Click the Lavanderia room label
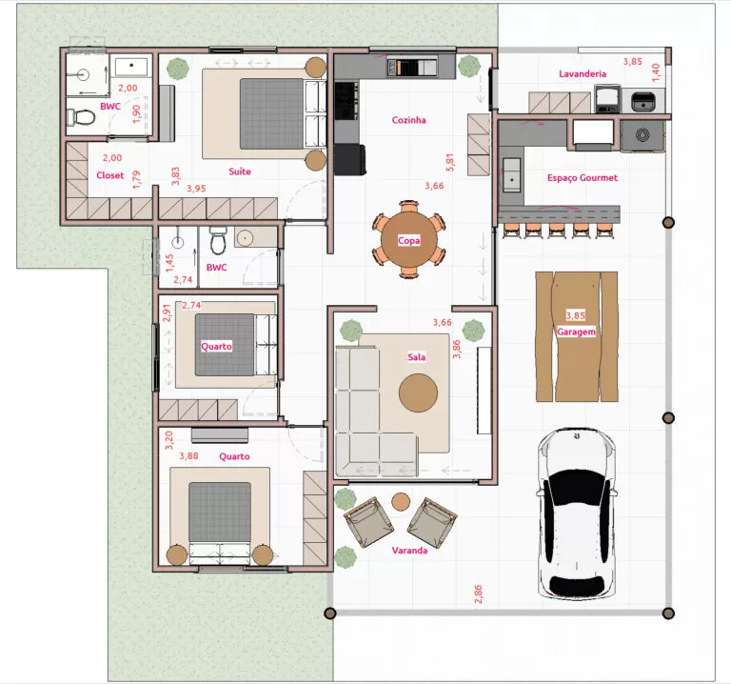pos(583,73)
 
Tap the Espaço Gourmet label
pos(582,178)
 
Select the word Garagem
pos(576,332)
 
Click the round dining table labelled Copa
pos(409,240)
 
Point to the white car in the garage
pos(577,513)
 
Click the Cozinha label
pos(409,120)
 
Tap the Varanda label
pos(409,550)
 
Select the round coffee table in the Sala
pos(418,392)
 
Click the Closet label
pos(110,175)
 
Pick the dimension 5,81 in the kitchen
pos(450,162)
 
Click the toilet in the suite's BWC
pos(81,117)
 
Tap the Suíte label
pos(240,171)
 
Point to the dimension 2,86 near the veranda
pos(478,593)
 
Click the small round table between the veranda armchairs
pos(401,502)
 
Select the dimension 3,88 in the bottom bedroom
pos(188,456)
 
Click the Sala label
pos(416,357)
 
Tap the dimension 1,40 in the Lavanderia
pos(656,72)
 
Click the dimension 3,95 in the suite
pos(196,189)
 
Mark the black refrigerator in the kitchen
pos(349,160)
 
